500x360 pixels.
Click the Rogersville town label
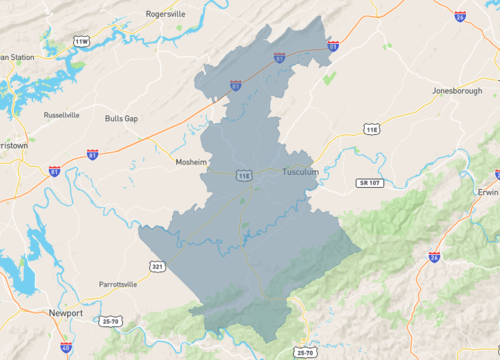pyautogui.click(x=167, y=15)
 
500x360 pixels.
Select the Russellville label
pyautogui.click(x=62, y=115)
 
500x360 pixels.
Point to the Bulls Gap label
pyautogui.click(x=121, y=118)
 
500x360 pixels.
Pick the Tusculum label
pyautogui.click(x=301, y=171)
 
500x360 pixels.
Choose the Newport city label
pyautogui.click(x=65, y=313)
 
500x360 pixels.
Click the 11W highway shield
pyautogui.click(x=82, y=41)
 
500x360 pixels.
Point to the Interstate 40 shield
pyautogui.click(x=66, y=347)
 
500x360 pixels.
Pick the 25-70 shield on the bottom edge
pyautogui.click(x=306, y=352)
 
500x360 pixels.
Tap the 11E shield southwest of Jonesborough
pyautogui.click(x=372, y=129)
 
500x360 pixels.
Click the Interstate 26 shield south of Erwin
pyautogui.click(x=434, y=257)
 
